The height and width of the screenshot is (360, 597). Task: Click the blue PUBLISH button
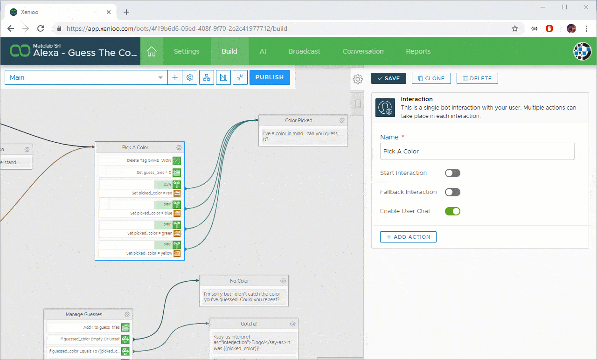(270, 77)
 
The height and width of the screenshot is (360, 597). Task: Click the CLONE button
(431, 78)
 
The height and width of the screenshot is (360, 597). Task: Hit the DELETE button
(477, 78)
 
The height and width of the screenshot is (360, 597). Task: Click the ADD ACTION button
(408, 237)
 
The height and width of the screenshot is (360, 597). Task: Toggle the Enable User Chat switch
(452, 211)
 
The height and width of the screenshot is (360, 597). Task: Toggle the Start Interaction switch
(452, 173)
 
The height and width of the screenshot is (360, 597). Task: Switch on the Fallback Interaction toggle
(452, 192)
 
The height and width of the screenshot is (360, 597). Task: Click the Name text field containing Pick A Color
(477, 151)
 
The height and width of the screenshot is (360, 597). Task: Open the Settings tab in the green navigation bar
(187, 51)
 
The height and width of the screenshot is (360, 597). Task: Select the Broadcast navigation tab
(304, 51)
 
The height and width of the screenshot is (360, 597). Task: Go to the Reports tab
(418, 51)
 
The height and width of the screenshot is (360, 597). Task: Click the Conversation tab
(363, 51)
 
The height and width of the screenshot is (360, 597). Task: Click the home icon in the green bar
(152, 51)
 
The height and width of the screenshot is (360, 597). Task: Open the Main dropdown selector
(86, 77)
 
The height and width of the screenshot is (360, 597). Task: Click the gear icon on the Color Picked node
(343, 120)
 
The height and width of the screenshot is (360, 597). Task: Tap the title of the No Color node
(239, 281)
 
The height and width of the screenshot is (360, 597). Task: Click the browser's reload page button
(41, 28)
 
